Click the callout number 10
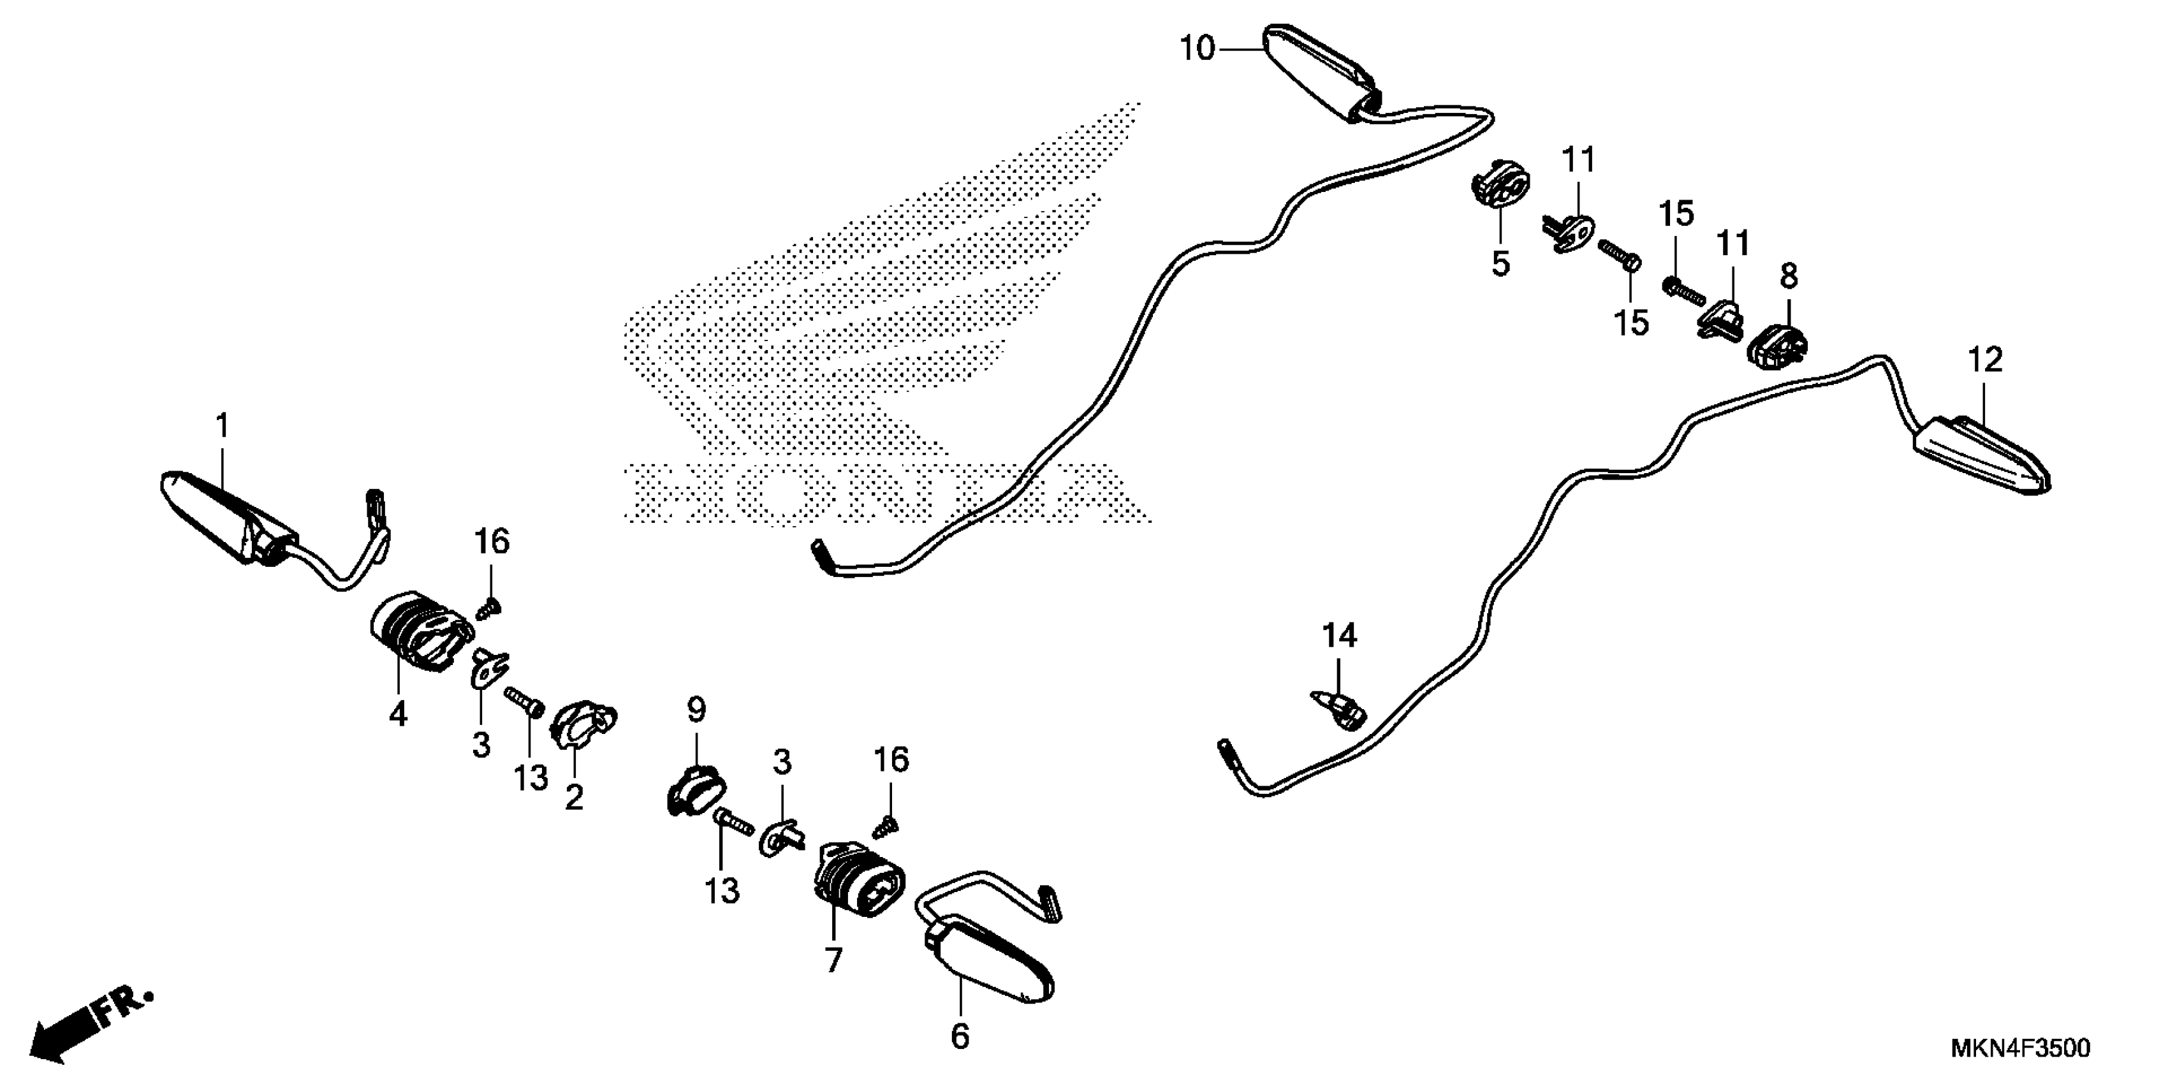point(1197,50)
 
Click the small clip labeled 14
point(1340,708)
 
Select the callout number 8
point(1789,276)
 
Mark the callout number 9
point(696,710)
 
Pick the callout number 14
point(1339,636)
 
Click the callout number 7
point(833,960)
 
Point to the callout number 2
point(574,797)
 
